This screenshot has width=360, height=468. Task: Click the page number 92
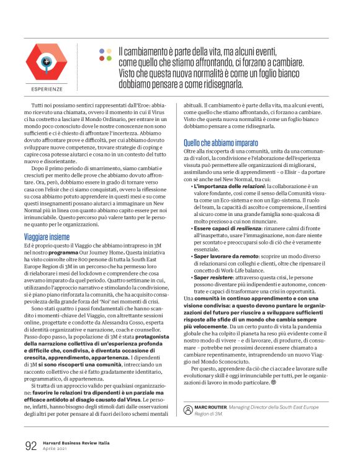(31, 446)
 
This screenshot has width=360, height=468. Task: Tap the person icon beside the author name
(188, 408)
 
